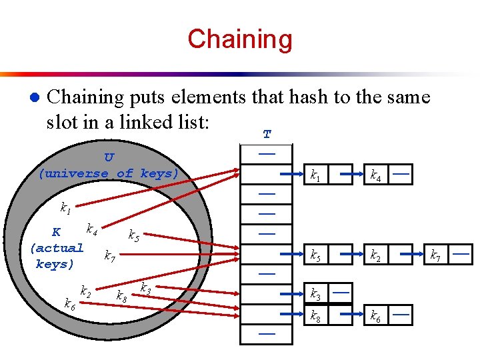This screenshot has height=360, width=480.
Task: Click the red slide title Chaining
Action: tap(240, 39)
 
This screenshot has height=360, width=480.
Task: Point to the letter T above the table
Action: tap(267, 135)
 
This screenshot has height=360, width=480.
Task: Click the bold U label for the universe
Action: tap(109, 157)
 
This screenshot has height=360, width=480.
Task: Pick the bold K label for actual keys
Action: tap(57, 232)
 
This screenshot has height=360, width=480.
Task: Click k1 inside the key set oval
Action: tap(65, 209)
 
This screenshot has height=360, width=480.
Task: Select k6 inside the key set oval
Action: tap(69, 305)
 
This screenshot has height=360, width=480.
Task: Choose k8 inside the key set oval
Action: tap(122, 296)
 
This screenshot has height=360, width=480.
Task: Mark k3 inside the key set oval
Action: tap(144, 288)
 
